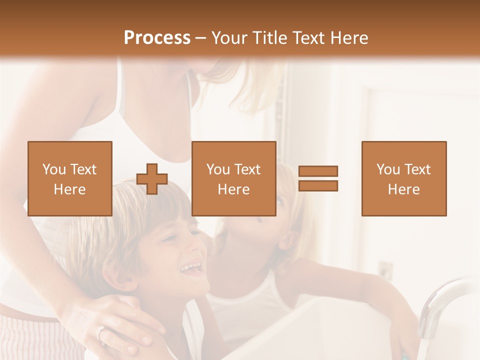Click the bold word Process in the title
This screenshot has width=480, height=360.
[x=157, y=37]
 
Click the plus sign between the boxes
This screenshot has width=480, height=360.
[x=152, y=179]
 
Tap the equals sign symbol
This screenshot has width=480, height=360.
[x=318, y=178]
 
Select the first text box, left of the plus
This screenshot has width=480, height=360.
[x=70, y=178]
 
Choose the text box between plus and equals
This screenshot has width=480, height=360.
[x=233, y=178]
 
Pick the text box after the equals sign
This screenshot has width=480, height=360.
[x=404, y=178]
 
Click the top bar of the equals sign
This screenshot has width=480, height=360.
[x=318, y=171]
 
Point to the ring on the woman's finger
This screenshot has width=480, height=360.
[x=100, y=331]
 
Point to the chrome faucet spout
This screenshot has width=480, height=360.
[x=440, y=300]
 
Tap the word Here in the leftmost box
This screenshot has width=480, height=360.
[x=70, y=189]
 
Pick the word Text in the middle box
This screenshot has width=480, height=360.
[x=247, y=169]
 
